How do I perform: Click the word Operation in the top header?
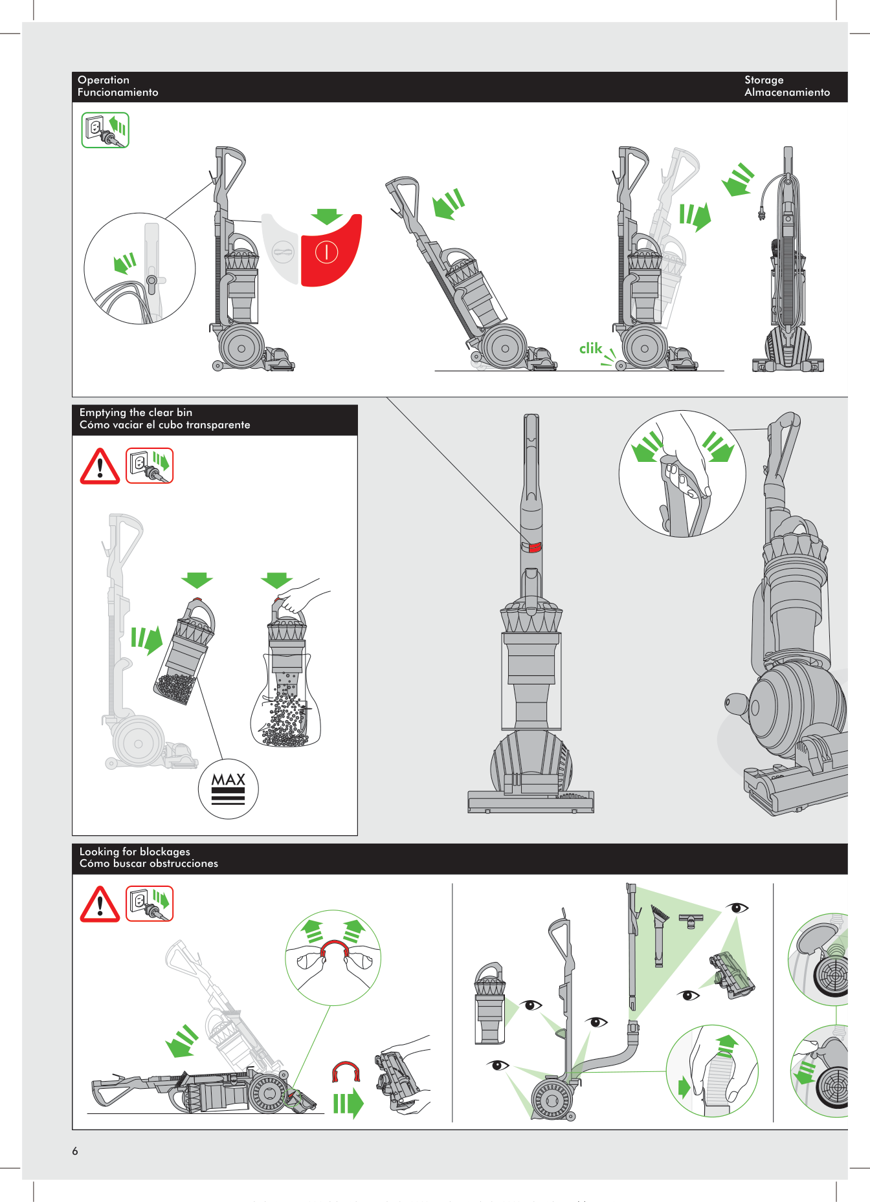(104, 80)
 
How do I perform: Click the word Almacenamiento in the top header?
(787, 93)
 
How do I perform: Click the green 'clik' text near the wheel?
(590, 349)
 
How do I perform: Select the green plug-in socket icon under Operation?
(105, 130)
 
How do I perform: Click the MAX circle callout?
(229, 789)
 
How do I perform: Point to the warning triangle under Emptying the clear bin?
(100, 466)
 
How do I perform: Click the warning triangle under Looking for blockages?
(100, 904)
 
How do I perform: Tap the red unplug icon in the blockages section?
(150, 904)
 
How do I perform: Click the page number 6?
(75, 1151)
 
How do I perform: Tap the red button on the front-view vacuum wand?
(532, 547)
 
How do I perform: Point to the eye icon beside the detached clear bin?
(531, 1005)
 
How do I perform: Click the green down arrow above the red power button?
(327, 217)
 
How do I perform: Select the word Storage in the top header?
(764, 80)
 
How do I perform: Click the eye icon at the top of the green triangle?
(737, 908)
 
